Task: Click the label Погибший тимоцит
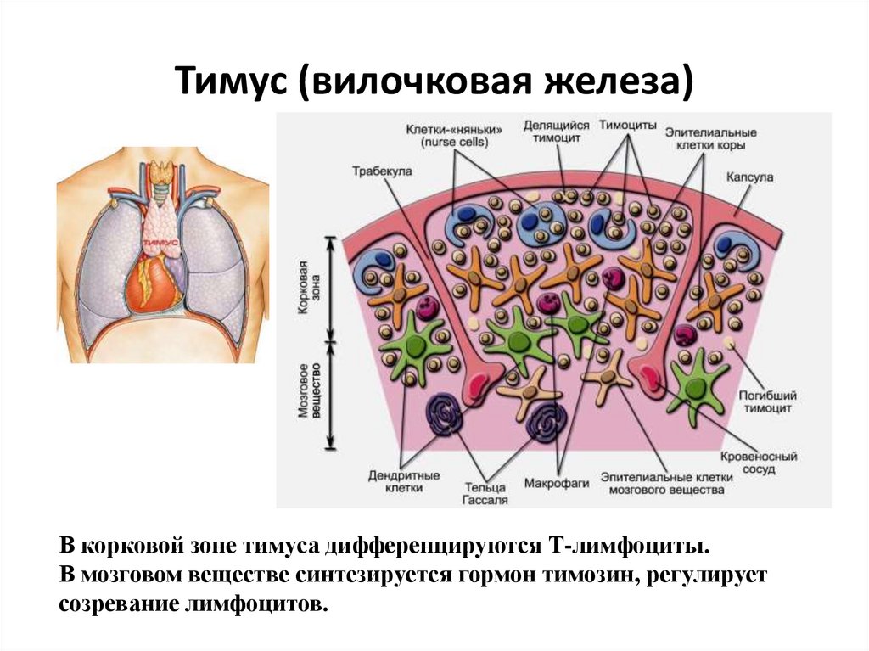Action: (x=767, y=401)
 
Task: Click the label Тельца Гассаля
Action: (x=485, y=493)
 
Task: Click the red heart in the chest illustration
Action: (x=151, y=284)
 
